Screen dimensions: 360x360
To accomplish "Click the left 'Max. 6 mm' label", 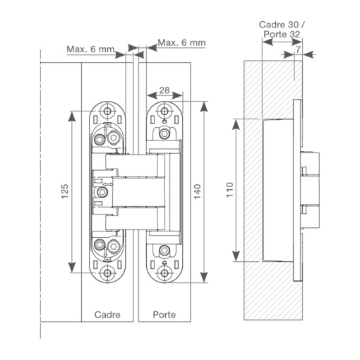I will [90, 49].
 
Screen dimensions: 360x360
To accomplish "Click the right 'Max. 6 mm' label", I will [181, 42].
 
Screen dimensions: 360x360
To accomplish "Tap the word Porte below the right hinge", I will [164, 314].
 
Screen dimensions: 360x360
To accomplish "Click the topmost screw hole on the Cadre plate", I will [107, 110].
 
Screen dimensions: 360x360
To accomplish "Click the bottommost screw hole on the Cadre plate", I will [107, 272].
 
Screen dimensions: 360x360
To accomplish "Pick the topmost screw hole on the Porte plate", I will [164, 110].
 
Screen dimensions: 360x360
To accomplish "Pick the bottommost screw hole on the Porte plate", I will [164, 272].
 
